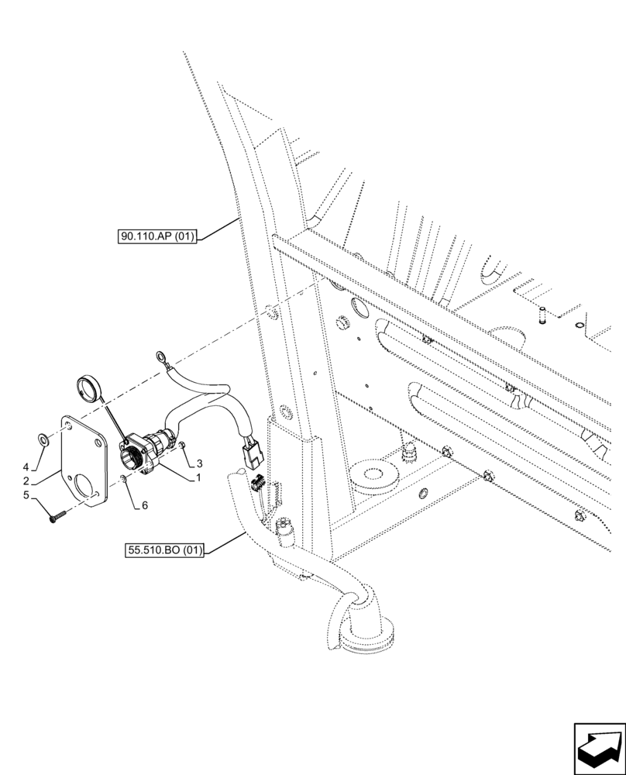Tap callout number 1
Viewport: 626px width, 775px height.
tap(198, 478)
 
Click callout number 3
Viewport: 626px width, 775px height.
tap(189, 463)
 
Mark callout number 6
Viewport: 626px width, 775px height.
tap(144, 505)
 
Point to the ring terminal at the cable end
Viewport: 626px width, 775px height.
tap(161, 357)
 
